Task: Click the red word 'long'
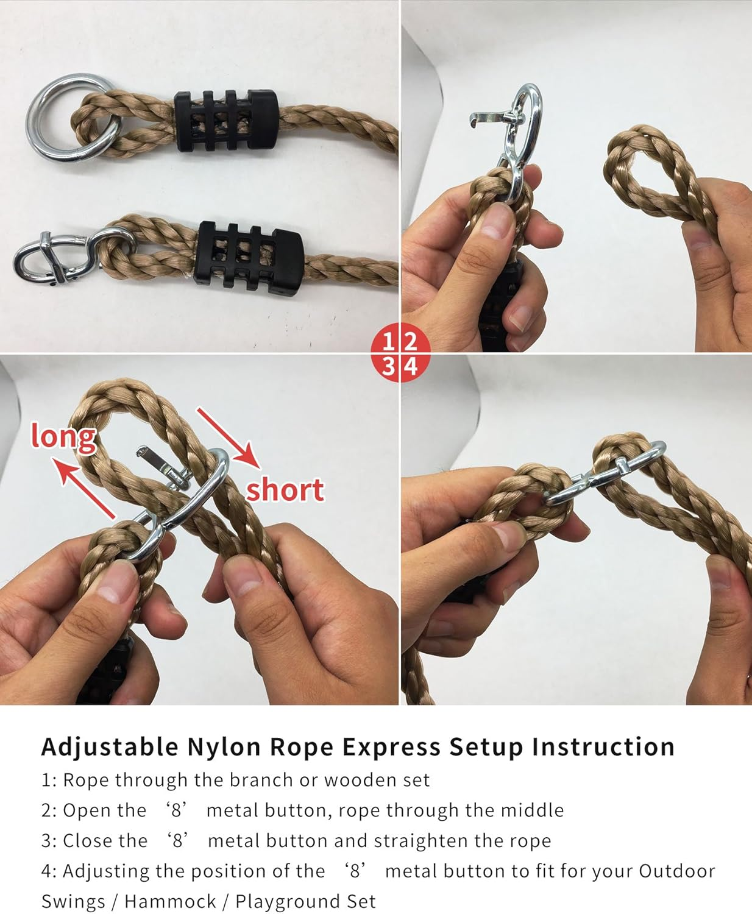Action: [x=63, y=436]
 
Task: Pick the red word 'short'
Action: [x=285, y=490]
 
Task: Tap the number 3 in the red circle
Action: [x=388, y=367]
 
